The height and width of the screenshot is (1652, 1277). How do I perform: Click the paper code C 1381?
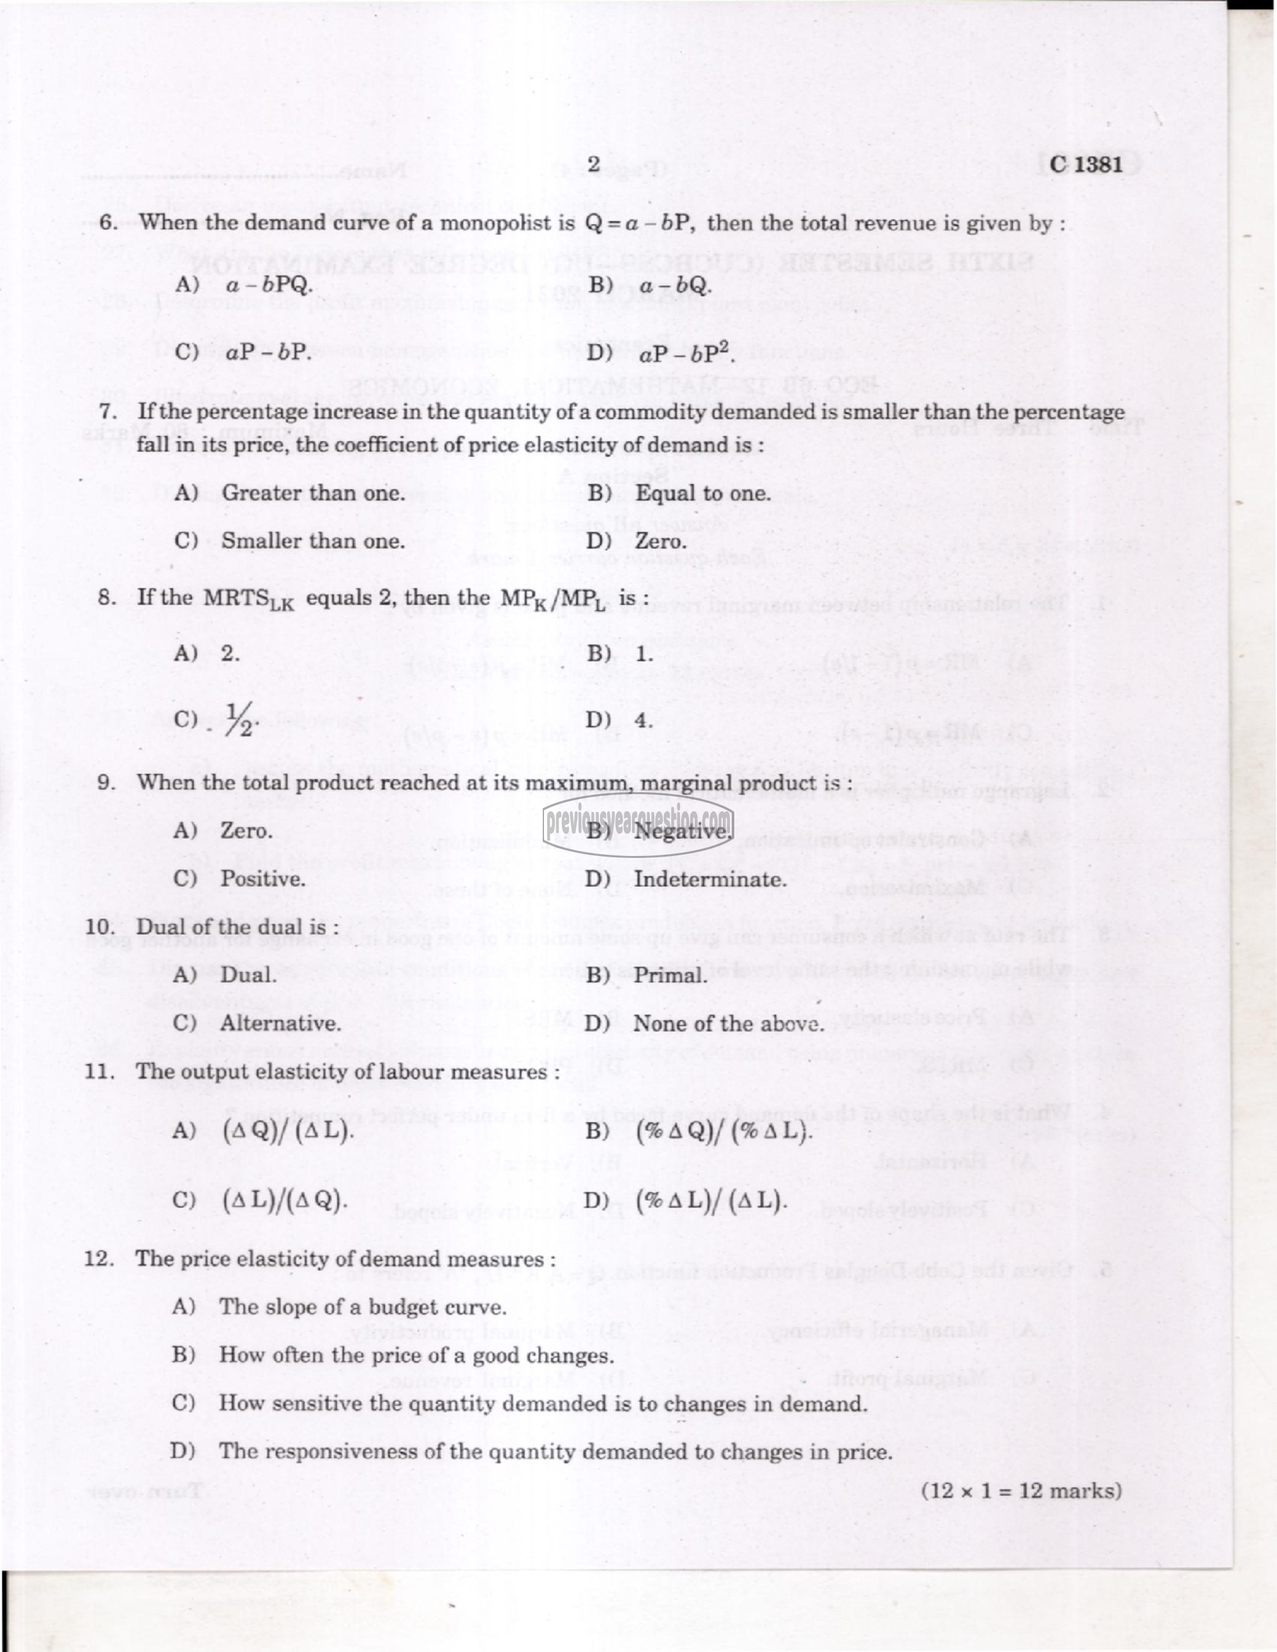1085,164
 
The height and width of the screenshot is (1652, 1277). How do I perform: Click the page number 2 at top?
593,163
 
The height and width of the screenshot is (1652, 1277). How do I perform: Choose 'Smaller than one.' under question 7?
312,541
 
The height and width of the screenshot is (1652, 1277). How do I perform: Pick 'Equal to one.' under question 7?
702,493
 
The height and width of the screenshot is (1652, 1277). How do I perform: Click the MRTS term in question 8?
247,598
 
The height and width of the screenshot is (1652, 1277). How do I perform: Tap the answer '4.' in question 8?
643,720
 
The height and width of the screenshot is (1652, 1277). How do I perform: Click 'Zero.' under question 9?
246,830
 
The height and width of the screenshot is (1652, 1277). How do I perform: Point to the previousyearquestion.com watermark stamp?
638,818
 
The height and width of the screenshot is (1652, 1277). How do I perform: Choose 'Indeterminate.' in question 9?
709,879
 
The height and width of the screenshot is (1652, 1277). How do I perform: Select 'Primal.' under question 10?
670,975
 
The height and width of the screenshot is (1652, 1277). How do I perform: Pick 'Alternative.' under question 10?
280,1023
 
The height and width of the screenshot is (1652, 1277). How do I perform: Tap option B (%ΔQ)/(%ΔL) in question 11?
723,1132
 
